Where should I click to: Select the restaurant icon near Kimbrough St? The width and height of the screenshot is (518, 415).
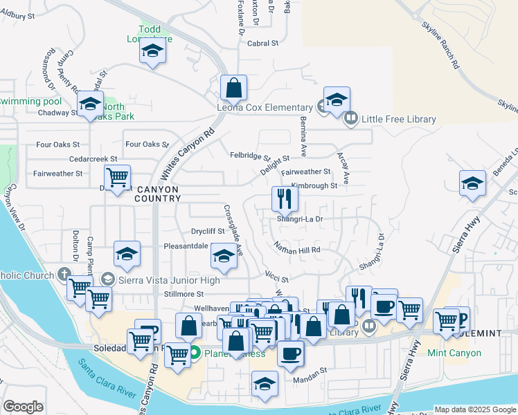pyautogui.click(x=284, y=199)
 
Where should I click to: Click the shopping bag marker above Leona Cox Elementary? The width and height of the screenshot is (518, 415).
pyautogui.click(x=234, y=88)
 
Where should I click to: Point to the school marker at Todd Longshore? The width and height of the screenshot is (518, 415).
pyautogui.click(x=152, y=51)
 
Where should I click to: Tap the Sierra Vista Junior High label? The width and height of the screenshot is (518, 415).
pyautogui.click(x=169, y=280)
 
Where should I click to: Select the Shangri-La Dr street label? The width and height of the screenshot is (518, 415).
pyautogui.click(x=301, y=219)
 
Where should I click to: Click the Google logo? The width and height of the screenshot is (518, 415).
pyautogui.click(x=23, y=407)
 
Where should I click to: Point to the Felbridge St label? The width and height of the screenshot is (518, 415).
pyautogui.click(x=250, y=157)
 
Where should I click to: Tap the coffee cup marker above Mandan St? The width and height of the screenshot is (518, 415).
pyautogui.click(x=291, y=353)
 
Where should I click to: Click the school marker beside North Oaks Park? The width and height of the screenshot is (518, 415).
pyautogui.click(x=90, y=104)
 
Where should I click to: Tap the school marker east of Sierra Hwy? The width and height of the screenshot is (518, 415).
pyautogui.click(x=472, y=184)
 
